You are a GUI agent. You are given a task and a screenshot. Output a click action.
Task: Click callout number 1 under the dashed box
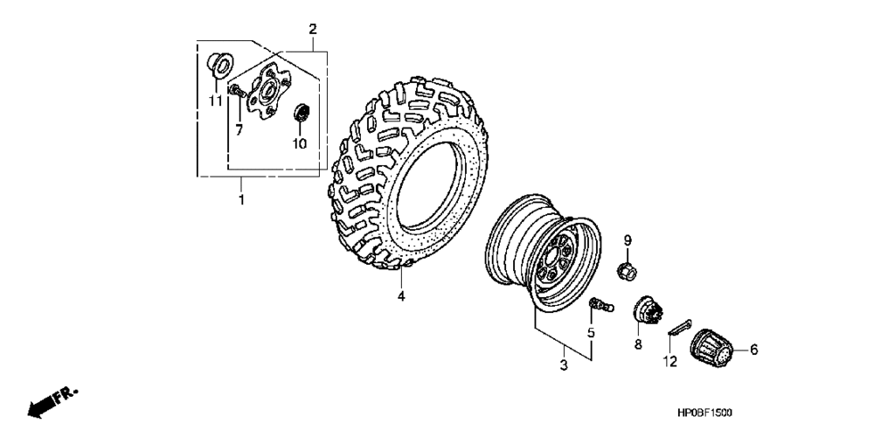click(242, 200)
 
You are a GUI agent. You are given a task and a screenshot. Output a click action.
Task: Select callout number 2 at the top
click(312, 30)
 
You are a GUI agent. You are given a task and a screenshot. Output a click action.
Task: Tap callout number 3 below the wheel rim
click(564, 364)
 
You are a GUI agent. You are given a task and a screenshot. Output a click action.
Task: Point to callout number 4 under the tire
click(401, 296)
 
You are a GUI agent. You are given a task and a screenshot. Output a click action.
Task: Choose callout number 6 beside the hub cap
click(753, 349)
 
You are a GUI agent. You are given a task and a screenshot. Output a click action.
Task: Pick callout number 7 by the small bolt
click(238, 128)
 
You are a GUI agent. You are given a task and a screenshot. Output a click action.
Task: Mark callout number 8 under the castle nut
click(638, 345)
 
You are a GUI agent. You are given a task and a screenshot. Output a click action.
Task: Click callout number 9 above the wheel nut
click(627, 240)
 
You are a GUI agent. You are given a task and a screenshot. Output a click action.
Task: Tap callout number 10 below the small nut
click(300, 143)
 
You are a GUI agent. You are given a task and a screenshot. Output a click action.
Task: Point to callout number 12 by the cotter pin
click(670, 361)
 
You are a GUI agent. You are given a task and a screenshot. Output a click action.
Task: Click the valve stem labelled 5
click(602, 304)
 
